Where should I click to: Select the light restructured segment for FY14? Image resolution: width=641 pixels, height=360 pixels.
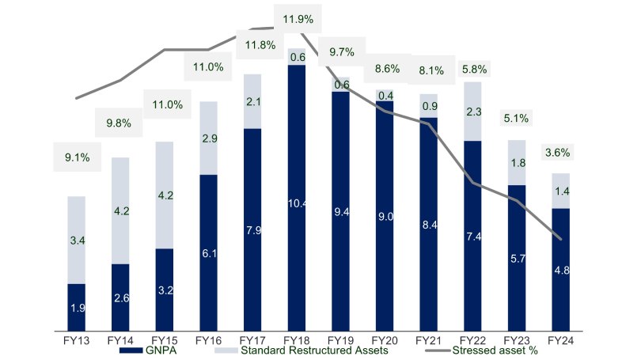(120, 210)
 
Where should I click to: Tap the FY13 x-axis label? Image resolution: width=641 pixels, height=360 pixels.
(77, 339)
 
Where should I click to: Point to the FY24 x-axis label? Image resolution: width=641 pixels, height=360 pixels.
(560, 339)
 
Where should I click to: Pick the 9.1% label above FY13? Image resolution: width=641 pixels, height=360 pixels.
(78, 157)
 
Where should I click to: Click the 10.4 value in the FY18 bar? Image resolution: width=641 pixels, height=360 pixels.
(297, 203)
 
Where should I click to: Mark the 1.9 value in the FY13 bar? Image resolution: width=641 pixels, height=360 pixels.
(78, 308)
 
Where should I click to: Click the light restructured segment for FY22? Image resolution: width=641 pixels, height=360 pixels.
(473, 112)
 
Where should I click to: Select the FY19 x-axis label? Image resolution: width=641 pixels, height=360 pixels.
(340, 339)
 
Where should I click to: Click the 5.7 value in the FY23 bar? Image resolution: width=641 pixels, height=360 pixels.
(517, 257)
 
